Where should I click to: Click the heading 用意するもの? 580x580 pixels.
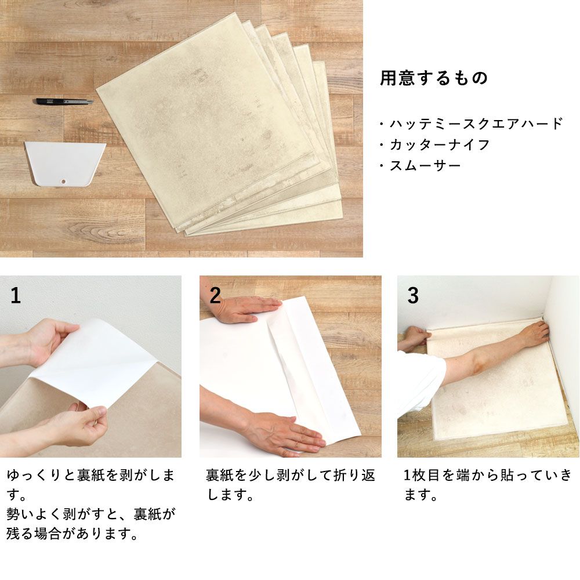pyautogui.click(x=434, y=78)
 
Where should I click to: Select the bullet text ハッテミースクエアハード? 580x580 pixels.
pyautogui.click(x=476, y=124)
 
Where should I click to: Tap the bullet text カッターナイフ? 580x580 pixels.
pyautogui.click(x=440, y=144)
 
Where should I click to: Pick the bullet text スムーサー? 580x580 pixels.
pyautogui.click(x=425, y=166)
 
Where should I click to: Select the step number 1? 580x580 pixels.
pyautogui.click(x=16, y=296)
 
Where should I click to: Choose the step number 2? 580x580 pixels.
pyautogui.click(x=215, y=296)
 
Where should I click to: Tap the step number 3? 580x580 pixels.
pyautogui.click(x=412, y=296)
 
